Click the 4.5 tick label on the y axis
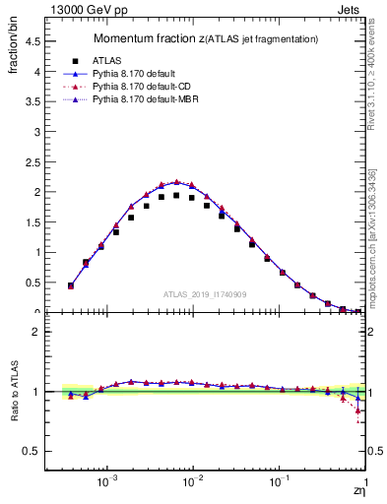[x=32, y=41]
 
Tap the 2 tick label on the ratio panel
[x=35, y=332]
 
